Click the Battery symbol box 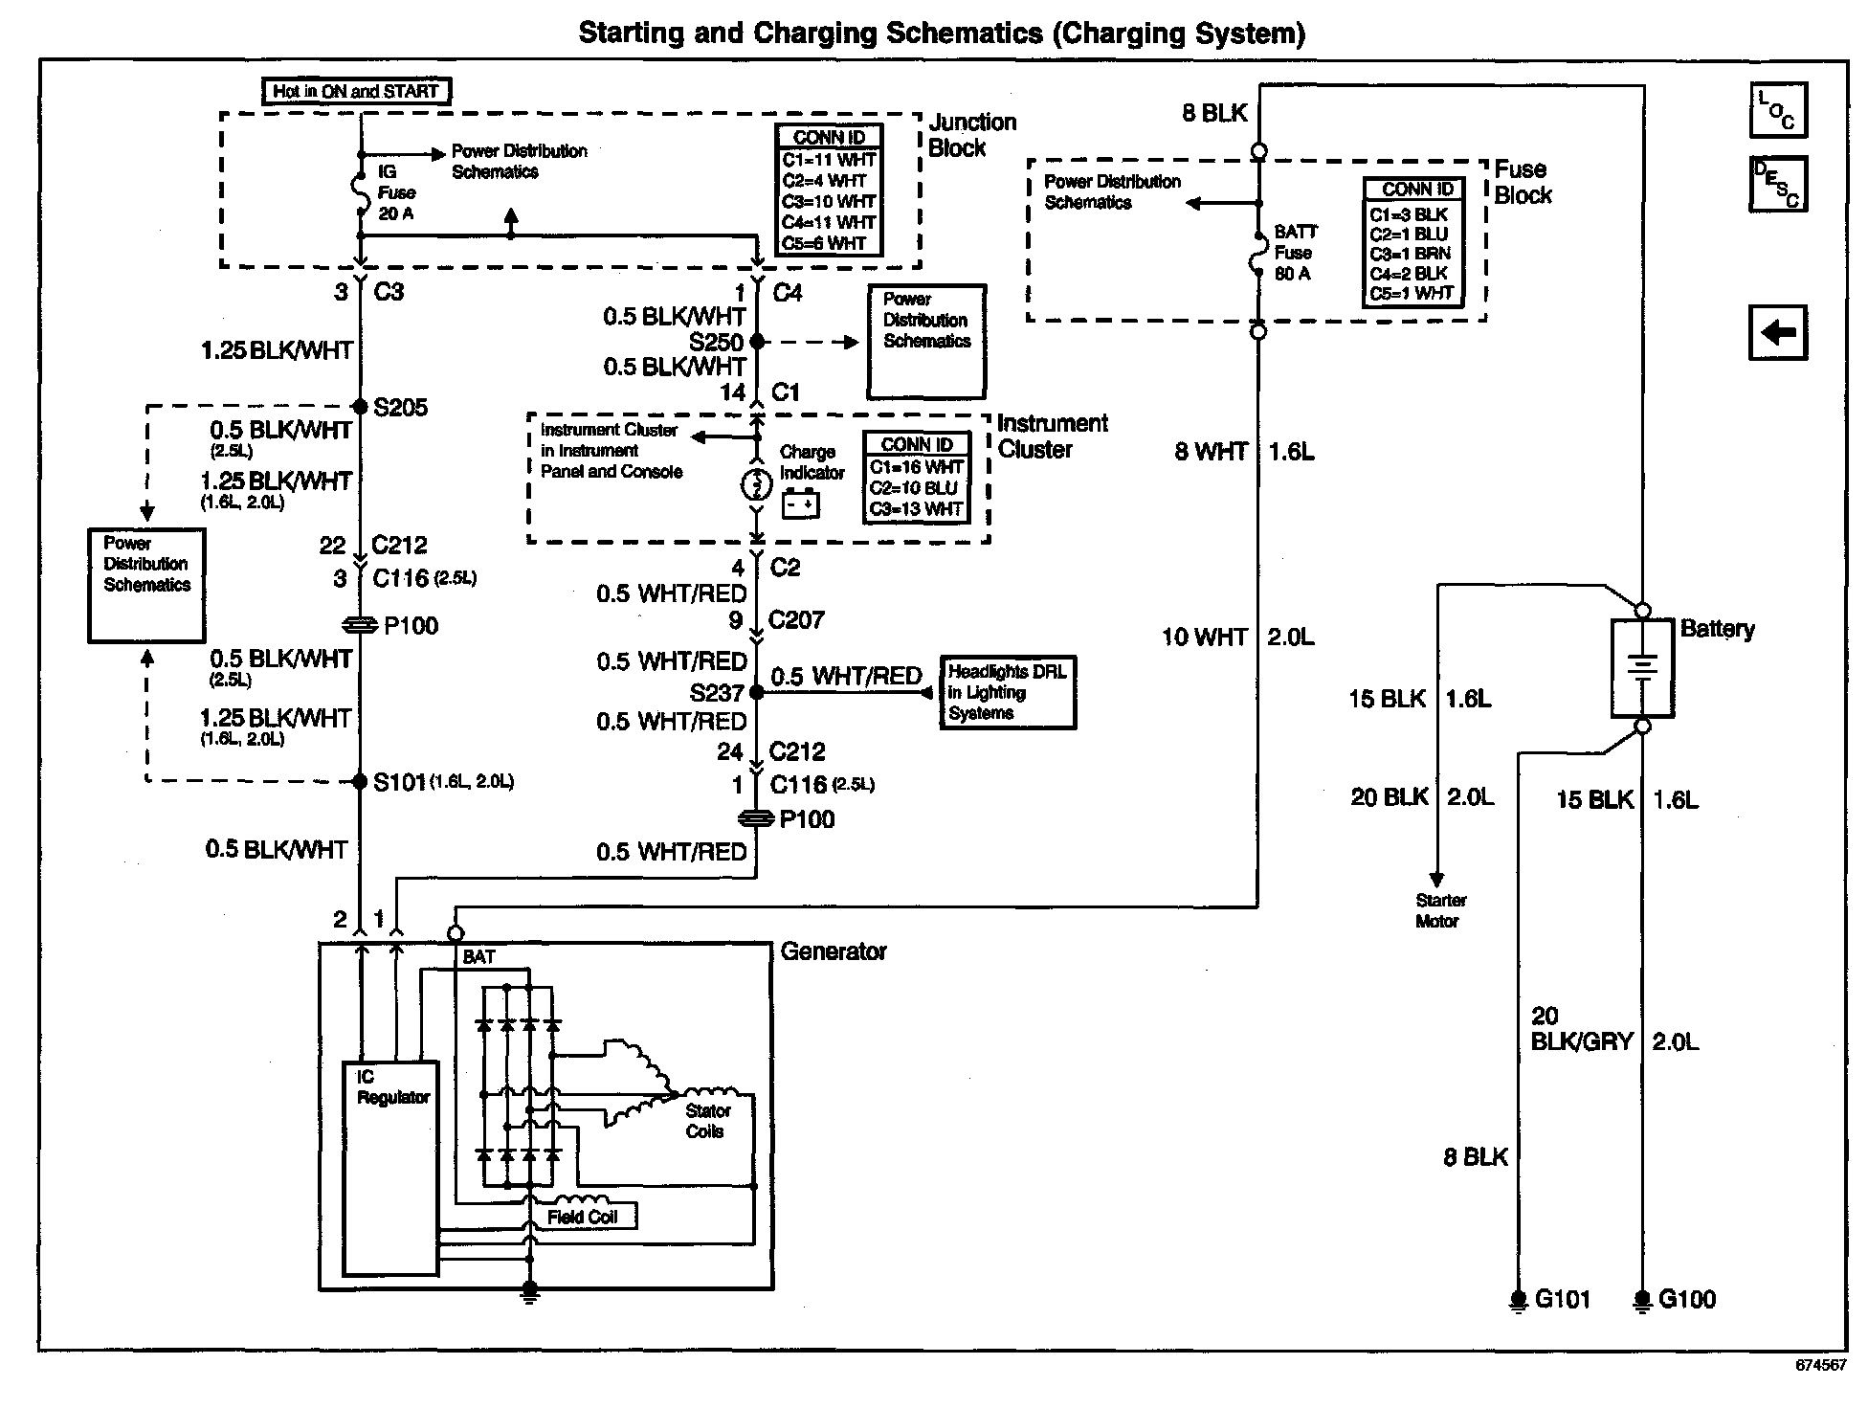(x=1642, y=667)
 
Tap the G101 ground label (x=1562, y=1299)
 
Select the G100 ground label (x=1686, y=1299)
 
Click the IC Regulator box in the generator (x=390, y=1168)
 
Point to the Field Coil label (x=582, y=1217)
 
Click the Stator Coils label (x=707, y=1121)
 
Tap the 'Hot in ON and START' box (x=356, y=92)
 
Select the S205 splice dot (x=361, y=407)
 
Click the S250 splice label (x=716, y=342)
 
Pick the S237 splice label (x=717, y=692)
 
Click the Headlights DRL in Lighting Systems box (x=1008, y=693)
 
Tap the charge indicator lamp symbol (x=756, y=484)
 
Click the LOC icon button (x=1777, y=111)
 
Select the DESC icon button (x=1777, y=183)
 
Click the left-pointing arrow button (x=1777, y=333)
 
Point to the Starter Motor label (x=1439, y=910)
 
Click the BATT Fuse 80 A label (x=1295, y=253)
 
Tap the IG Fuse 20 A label (x=395, y=192)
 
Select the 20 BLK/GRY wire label (x=1580, y=1029)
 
